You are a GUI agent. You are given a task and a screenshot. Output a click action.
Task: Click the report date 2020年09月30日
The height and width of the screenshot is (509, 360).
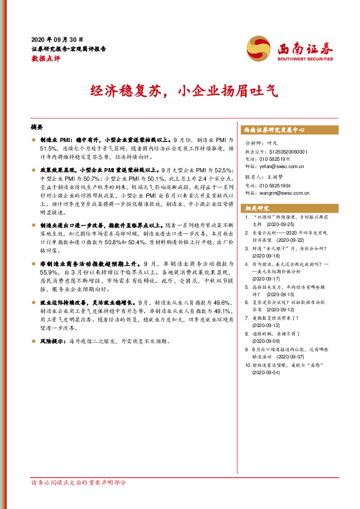[57, 38]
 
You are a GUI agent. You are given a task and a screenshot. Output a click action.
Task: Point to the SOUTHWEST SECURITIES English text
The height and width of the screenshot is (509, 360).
[305, 59]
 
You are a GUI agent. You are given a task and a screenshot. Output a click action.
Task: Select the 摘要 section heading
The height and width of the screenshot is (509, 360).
[37, 128]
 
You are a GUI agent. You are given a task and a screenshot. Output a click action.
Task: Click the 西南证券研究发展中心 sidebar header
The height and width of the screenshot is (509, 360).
[274, 130]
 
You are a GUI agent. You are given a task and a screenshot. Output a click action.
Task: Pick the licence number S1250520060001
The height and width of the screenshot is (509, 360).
[287, 152]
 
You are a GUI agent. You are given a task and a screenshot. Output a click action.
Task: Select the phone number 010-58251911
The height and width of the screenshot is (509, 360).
[282, 159]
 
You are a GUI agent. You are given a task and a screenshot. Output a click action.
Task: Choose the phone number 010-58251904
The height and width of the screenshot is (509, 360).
[282, 186]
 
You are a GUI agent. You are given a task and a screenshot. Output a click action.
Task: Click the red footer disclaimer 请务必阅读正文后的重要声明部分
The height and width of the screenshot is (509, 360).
[79, 482]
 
